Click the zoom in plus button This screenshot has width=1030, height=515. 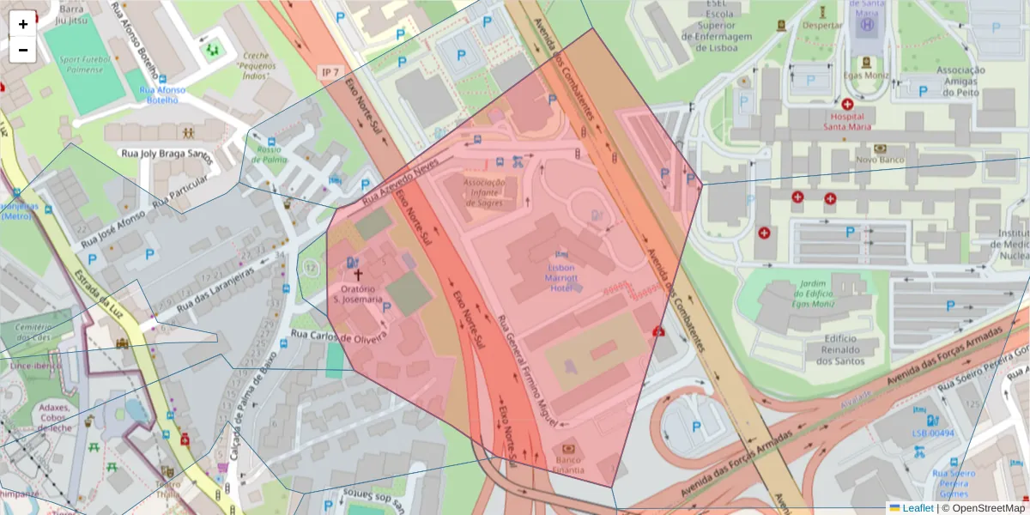(x=23, y=24)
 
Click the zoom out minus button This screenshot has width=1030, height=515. (x=23, y=50)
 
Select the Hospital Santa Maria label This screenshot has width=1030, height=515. (x=847, y=121)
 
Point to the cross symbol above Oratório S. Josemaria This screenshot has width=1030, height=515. (x=359, y=276)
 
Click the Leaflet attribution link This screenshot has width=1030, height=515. (x=918, y=507)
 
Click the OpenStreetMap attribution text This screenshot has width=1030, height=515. (x=986, y=507)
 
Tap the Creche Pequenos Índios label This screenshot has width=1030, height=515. (x=255, y=66)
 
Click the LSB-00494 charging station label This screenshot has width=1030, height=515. (x=933, y=433)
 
